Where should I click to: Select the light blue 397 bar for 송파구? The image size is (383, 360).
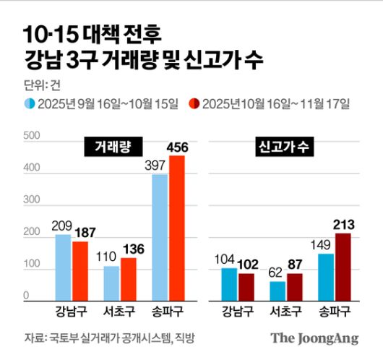click(160, 237)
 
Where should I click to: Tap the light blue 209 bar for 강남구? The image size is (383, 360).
click(64, 267)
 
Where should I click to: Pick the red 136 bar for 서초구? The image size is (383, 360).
click(129, 278)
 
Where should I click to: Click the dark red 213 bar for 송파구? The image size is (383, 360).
click(343, 266)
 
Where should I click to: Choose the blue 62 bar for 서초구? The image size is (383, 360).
click(277, 290)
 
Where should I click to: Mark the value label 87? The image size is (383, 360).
click(294, 265)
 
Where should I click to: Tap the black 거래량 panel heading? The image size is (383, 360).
click(113, 147)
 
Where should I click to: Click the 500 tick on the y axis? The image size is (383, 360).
click(31, 136)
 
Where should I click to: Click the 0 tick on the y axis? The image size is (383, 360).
click(26, 296)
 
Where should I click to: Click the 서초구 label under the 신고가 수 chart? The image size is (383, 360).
click(285, 313)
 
